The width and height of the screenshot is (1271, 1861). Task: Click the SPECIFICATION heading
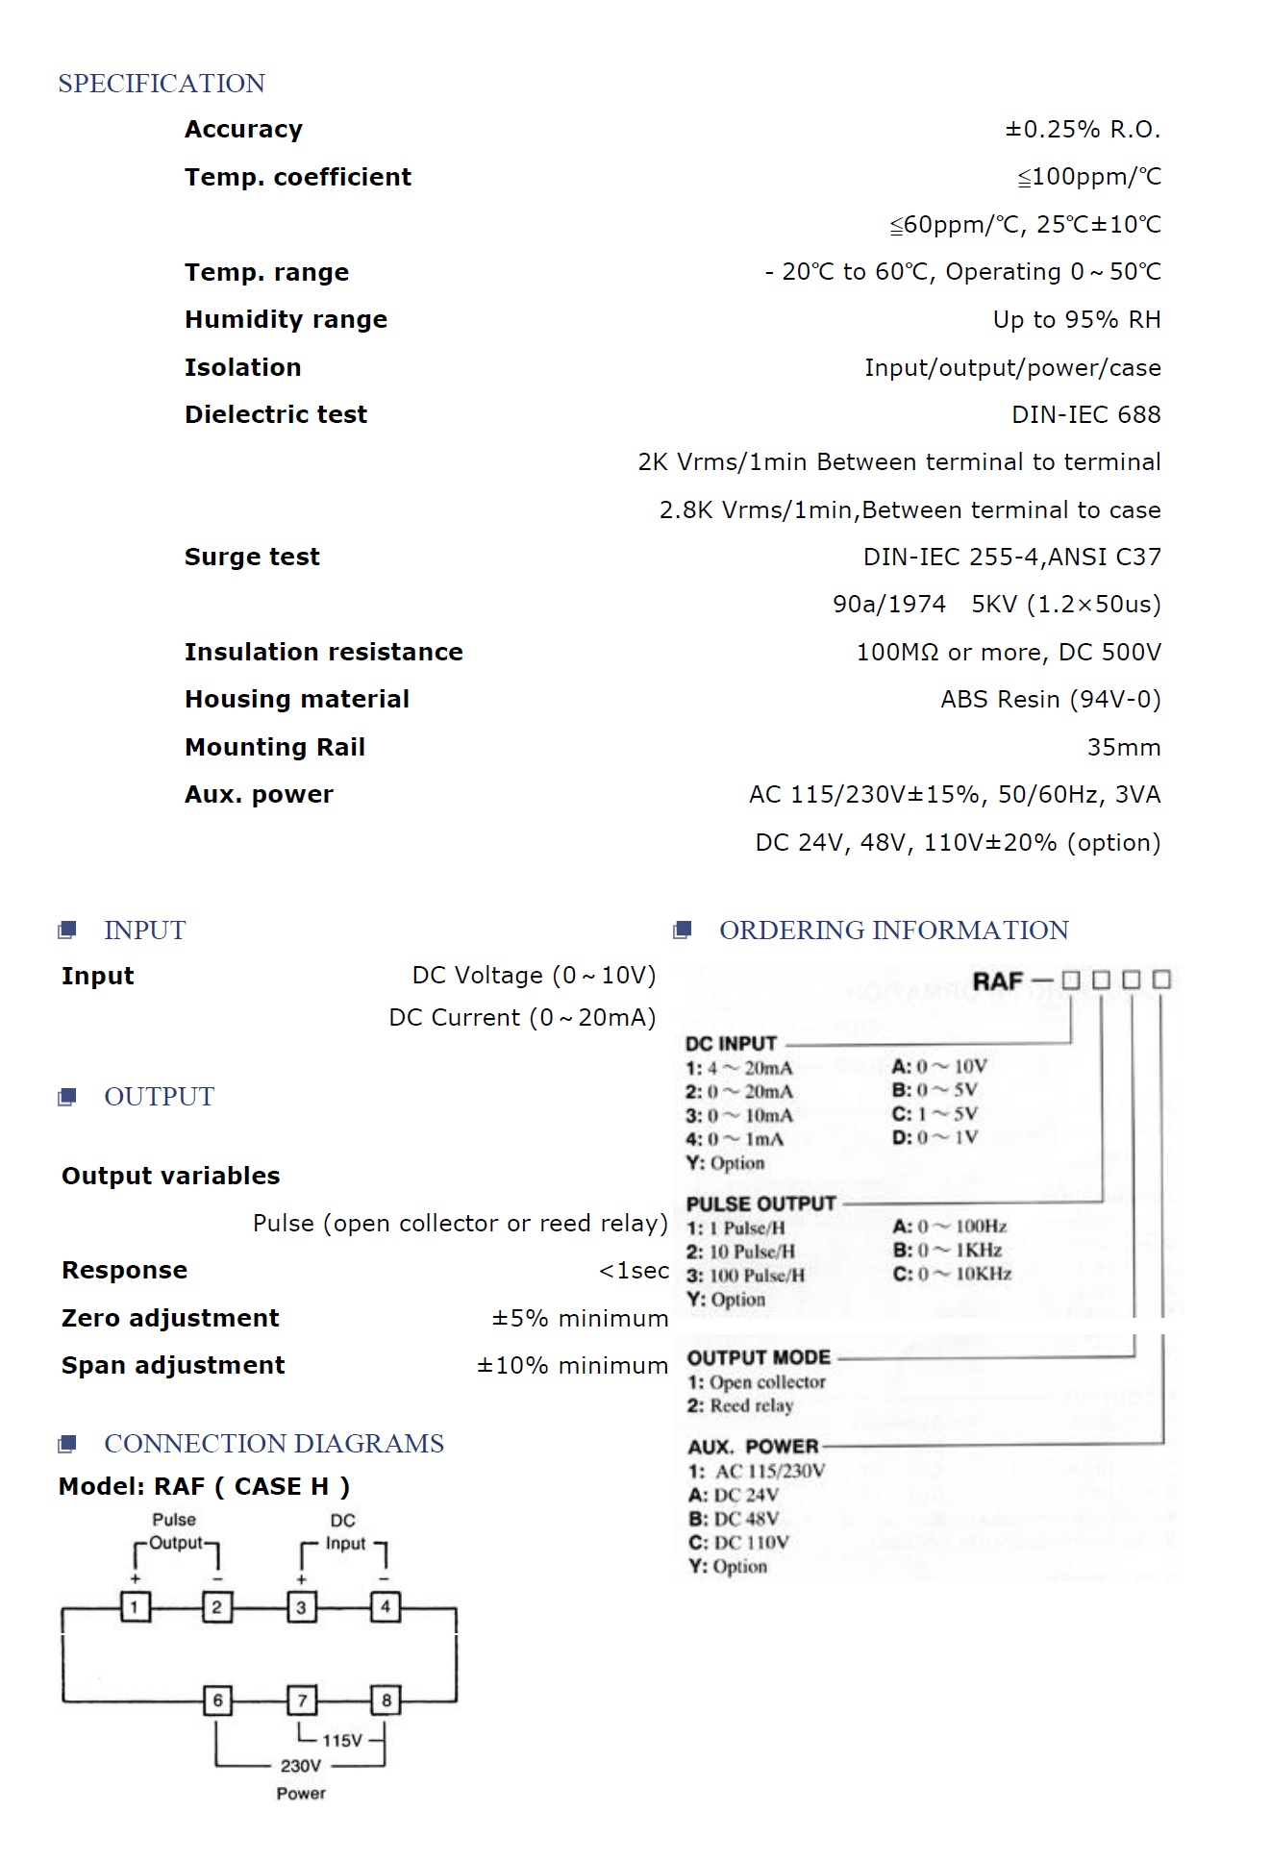[x=162, y=84]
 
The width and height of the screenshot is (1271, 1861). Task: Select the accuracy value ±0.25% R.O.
[x=1083, y=130]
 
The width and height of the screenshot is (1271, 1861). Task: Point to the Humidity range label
[x=286, y=319]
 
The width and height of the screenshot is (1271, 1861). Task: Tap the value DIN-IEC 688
[x=1085, y=414]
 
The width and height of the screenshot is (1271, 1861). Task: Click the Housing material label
[x=296, y=699]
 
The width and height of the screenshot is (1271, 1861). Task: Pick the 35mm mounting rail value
[x=1123, y=747]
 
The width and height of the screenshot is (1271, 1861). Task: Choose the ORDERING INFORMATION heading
[x=893, y=930]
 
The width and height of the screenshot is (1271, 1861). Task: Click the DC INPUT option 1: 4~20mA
[x=739, y=1068]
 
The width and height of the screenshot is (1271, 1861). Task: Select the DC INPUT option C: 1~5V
[x=935, y=1114]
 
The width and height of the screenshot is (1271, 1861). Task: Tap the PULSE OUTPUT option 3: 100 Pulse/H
[x=745, y=1276]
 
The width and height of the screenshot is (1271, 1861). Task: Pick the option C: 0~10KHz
[x=952, y=1274]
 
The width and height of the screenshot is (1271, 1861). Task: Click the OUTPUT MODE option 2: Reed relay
[x=740, y=1405]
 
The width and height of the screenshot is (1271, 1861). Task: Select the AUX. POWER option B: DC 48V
[x=733, y=1519]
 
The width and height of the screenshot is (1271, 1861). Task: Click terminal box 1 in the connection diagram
[x=135, y=1606]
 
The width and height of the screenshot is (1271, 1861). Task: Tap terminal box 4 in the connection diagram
[x=386, y=1606]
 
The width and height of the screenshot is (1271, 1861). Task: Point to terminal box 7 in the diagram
[x=302, y=1700]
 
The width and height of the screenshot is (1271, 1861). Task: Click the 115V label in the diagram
[x=341, y=1741]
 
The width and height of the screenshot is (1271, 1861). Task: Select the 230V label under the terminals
[x=300, y=1766]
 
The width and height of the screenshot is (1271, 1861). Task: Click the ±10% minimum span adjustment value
[x=572, y=1365]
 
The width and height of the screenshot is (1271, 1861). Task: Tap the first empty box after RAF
[x=1071, y=980]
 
